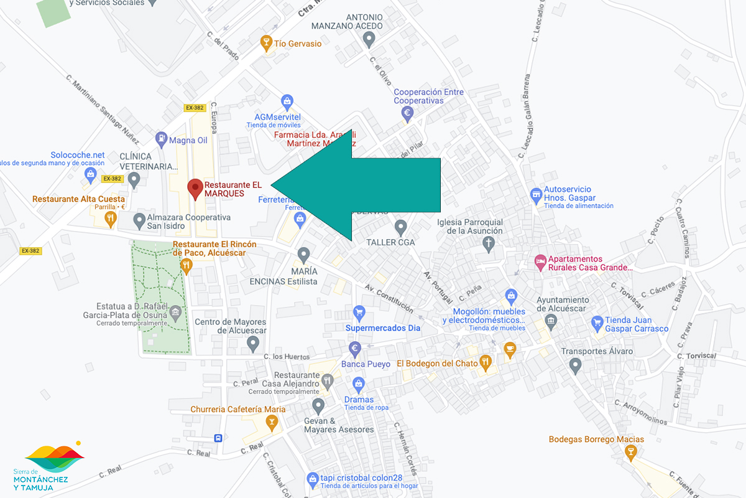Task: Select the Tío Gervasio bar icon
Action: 266,43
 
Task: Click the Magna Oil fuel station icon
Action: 161,139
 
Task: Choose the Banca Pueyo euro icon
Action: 355,349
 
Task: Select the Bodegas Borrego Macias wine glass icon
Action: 631,452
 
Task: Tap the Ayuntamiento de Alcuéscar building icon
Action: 551,321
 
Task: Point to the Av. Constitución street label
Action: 389,298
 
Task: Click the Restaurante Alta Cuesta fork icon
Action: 111,217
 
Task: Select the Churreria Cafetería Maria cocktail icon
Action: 271,423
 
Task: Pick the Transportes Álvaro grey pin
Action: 575,365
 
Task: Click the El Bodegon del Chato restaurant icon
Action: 486,360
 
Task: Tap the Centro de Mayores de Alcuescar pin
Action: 252,342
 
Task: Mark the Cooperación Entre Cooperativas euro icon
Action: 408,113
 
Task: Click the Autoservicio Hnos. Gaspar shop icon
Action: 536,196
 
